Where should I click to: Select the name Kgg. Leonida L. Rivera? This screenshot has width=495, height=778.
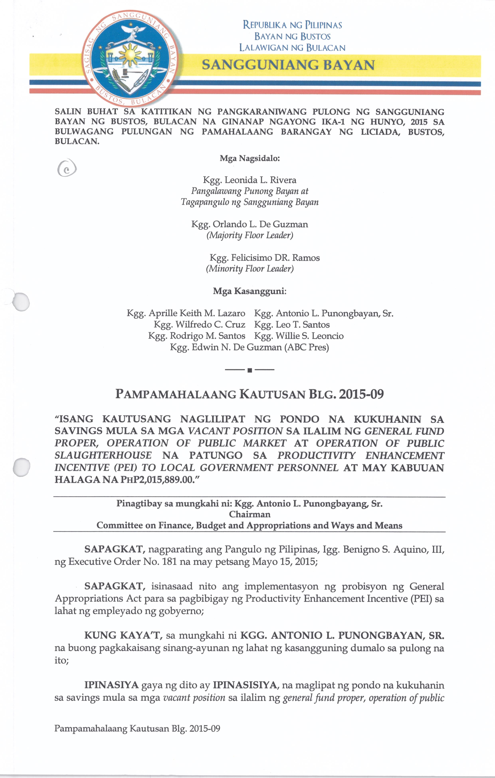pyautogui.click(x=249, y=180)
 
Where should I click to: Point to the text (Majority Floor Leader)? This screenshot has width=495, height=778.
pyautogui.click(x=250, y=235)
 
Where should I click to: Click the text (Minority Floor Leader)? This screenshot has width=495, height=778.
pyautogui.click(x=250, y=269)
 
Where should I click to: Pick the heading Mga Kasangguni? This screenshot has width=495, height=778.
pyautogui.click(x=249, y=291)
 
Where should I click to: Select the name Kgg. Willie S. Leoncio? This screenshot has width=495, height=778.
pyautogui.click(x=299, y=336)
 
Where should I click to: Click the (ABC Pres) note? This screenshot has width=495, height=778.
pyautogui.click(x=307, y=348)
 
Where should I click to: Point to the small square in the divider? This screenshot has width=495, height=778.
pyautogui.click(x=249, y=370)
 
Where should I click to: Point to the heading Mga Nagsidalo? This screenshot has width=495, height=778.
pyautogui.click(x=249, y=159)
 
